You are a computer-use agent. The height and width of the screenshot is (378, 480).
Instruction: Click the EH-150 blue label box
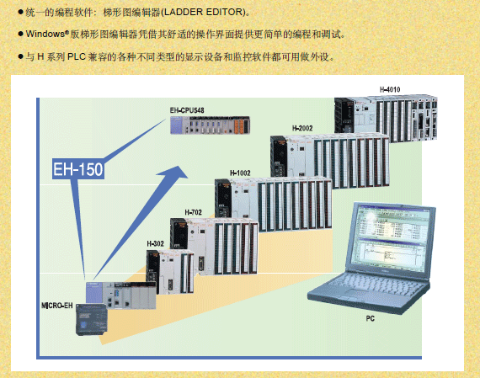[78, 169]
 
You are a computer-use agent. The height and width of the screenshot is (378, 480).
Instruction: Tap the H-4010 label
[390, 89]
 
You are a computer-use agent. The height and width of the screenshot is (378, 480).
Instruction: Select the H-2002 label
[302, 128]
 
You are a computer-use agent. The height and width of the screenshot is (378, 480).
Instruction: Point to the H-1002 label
[240, 173]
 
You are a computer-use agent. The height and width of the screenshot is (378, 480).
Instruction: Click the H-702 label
[193, 212]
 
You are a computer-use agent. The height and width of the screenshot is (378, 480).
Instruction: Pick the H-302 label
[155, 243]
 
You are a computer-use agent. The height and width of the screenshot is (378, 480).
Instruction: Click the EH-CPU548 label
[187, 110]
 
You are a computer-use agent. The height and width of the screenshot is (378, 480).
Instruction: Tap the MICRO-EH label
[57, 306]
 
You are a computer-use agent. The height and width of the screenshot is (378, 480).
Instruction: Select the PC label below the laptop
[370, 318]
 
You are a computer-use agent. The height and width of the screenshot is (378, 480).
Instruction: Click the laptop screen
[392, 237]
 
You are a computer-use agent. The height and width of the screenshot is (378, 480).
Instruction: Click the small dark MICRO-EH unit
[92, 320]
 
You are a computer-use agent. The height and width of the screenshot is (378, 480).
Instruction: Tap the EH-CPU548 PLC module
[210, 125]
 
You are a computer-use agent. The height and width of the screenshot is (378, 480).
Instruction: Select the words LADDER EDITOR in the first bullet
[203, 13]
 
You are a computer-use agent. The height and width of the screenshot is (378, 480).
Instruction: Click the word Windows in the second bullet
[45, 34]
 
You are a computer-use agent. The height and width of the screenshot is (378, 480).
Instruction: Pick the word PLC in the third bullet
[77, 56]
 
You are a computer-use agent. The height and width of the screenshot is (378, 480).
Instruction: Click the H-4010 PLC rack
[386, 118]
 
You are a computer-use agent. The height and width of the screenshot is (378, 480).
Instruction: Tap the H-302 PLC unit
[170, 272]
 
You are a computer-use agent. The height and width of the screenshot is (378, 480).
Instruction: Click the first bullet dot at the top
[21, 12]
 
